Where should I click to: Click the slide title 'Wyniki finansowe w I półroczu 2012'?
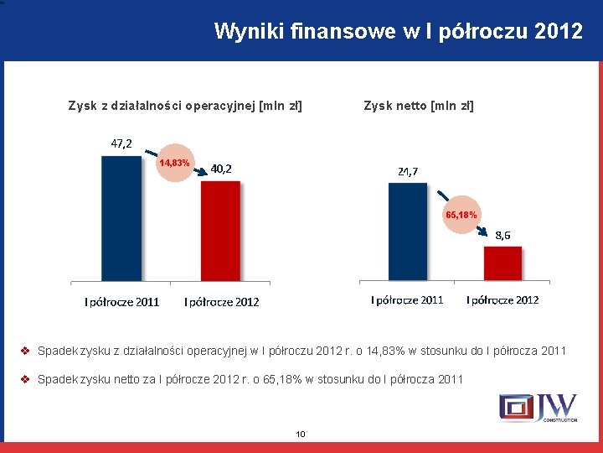[x=398, y=32]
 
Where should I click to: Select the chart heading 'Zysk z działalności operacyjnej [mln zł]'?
[x=185, y=106]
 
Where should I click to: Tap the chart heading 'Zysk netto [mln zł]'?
[x=419, y=106]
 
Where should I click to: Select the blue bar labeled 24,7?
[x=409, y=231]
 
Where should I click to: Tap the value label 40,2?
[x=221, y=169]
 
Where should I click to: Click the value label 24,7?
[x=409, y=171]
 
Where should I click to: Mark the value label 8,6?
[x=503, y=234]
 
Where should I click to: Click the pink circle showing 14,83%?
[x=175, y=162]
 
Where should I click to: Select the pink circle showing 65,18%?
[x=461, y=215]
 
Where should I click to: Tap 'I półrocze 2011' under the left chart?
[x=121, y=302]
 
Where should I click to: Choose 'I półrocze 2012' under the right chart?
[x=502, y=299]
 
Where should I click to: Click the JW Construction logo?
[x=538, y=408]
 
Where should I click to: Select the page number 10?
[x=301, y=434]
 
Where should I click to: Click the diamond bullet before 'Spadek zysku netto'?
[x=26, y=379]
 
